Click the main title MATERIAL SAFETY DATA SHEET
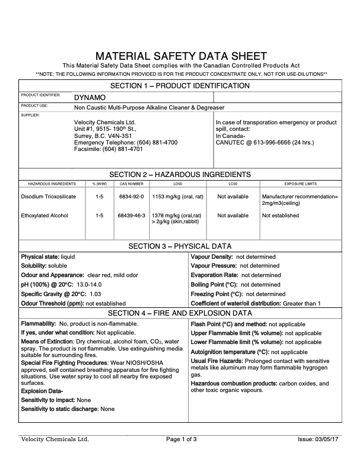pyautogui.click(x=181, y=56)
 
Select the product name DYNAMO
pyautogui.click(x=90, y=97)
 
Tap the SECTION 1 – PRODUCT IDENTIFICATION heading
pyautogui.click(x=181, y=86)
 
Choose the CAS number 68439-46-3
pyautogui.click(x=132, y=216)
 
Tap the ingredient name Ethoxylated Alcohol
pyautogui.click(x=44, y=216)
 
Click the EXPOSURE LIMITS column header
pyautogui.click(x=301, y=184)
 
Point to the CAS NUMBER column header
pyautogui.click(x=132, y=184)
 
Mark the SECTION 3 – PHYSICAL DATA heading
pyautogui.click(x=181, y=246)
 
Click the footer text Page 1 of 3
pyautogui.click(x=181, y=439)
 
